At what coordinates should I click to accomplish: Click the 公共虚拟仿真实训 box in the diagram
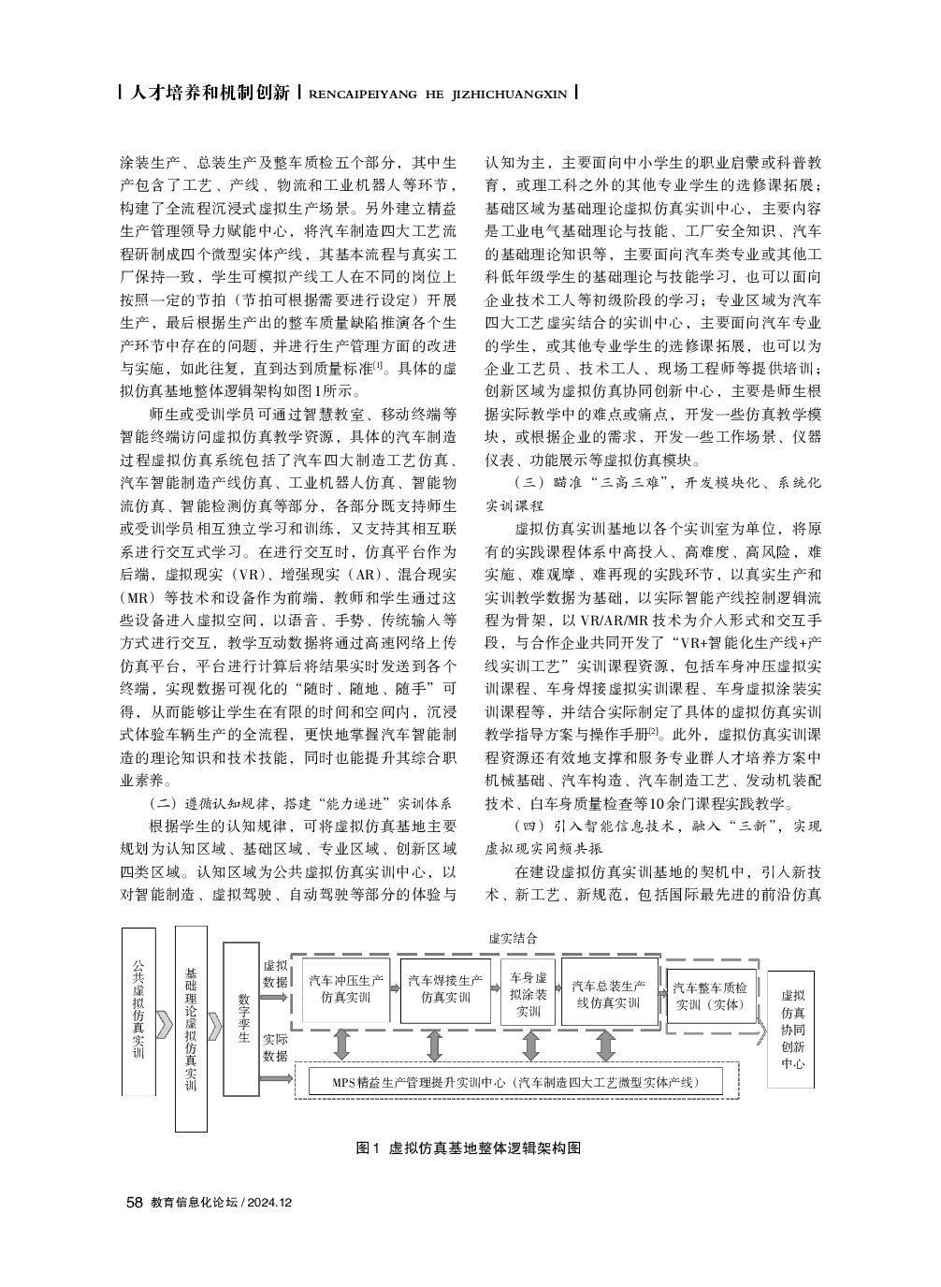click(138, 1011)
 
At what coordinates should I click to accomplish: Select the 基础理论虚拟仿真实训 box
click(191, 1028)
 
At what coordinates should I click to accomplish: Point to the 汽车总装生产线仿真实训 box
click(609, 994)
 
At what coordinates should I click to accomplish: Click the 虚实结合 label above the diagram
click(512, 937)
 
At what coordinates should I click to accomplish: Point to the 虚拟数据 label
click(275, 973)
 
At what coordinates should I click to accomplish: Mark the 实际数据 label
click(275, 1047)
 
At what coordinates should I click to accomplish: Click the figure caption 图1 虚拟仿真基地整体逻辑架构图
click(470, 1148)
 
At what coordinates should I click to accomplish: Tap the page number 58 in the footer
click(134, 1202)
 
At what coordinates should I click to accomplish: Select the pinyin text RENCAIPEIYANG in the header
click(360, 95)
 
